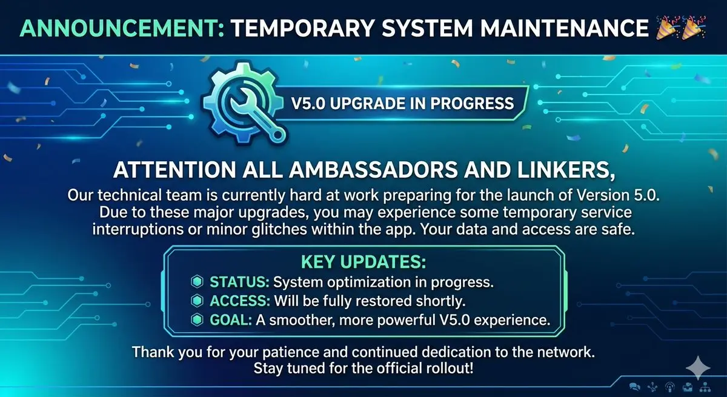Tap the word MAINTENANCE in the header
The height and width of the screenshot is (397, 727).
[565, 28]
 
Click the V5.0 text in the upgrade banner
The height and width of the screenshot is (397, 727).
[308, 104]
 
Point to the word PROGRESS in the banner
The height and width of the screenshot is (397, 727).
[472, 104]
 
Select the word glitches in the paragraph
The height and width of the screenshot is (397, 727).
[279, 230]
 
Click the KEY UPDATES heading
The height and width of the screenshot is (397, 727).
[363, 262]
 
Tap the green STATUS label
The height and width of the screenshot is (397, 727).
[239, 282]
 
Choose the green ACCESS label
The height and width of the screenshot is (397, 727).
[240, 301]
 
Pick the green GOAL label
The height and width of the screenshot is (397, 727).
[231, 320]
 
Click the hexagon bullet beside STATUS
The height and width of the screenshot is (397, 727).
[197, 282]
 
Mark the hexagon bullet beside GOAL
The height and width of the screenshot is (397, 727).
[197, 320]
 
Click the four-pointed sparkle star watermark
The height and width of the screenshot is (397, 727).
[698, 368]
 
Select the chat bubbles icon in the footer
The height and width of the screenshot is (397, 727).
[634, 387]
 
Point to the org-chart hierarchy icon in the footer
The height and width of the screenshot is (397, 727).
[705, 387]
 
